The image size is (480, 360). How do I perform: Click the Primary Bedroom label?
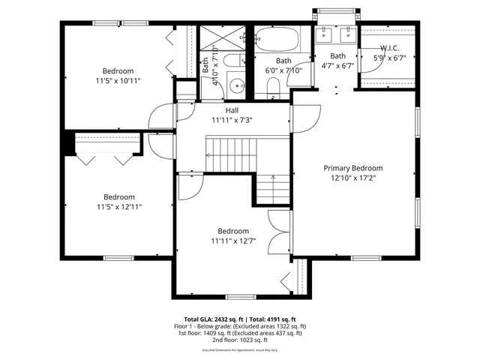(352, 168)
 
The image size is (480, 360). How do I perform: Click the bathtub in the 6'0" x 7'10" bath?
(277, 40)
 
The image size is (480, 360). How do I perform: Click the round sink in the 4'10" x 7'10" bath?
(236, 85)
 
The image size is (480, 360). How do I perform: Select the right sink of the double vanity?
(347, 34)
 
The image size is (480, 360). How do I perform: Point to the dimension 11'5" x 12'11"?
(118, 206)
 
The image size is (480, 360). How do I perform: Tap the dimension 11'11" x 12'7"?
(232, 240)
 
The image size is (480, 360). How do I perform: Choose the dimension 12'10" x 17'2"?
(352, 178)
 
